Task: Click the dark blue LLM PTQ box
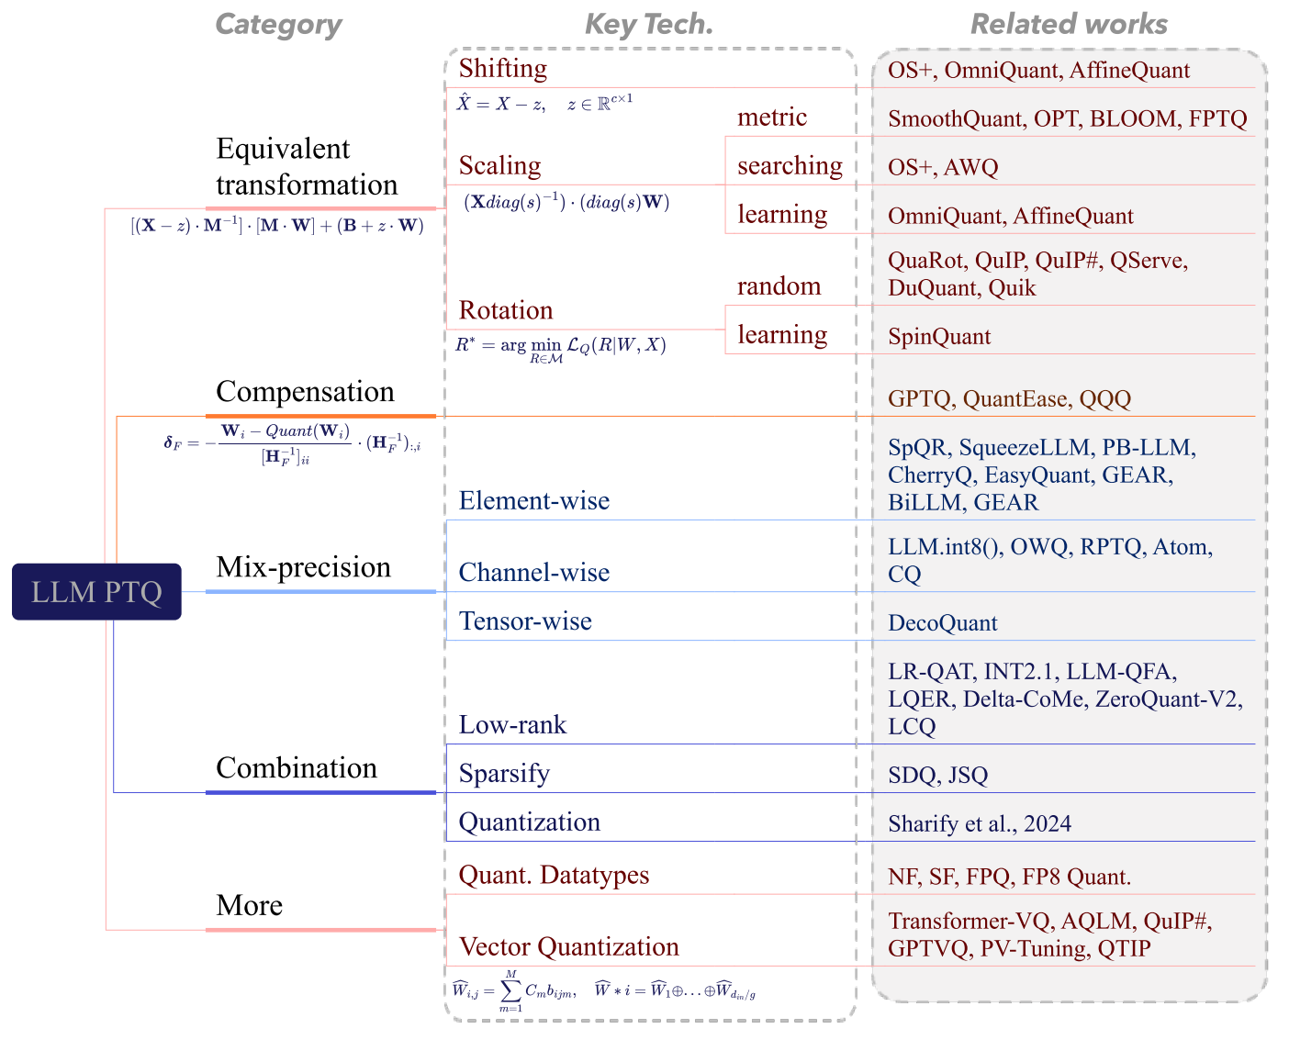96,592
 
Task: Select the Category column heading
278,25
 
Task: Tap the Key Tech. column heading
649,25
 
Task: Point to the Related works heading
1069,25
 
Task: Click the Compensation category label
305,392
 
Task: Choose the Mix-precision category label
303,567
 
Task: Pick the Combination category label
297,768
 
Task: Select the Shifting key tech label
503,69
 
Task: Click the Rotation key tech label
506,310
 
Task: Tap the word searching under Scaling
790,166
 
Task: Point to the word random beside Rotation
779,286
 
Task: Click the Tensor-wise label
525,621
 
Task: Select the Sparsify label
504,774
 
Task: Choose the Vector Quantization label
568,947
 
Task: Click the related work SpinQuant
939,337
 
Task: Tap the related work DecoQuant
942,623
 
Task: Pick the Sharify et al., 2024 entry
980,824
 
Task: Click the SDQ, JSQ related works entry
937,776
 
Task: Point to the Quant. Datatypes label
554,876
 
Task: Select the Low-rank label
512,725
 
